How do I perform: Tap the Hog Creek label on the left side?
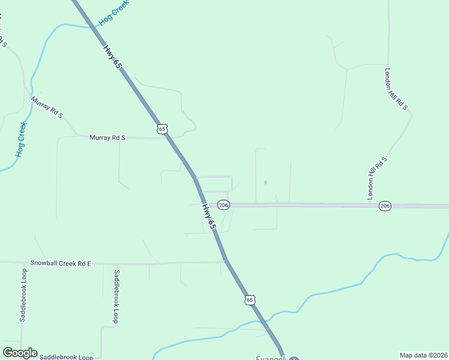[22, 139]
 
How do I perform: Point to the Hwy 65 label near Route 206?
[208, 217]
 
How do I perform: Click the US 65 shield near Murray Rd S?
[163, 129]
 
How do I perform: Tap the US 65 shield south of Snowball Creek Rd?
[250, 299]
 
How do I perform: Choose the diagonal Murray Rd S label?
[47, 107]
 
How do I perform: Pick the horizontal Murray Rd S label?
[107, 137]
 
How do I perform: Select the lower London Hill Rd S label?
[375, 178]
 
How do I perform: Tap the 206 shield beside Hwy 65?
[223, 205]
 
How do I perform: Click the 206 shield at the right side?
[385, 206]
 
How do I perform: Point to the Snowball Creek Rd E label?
[60, 263]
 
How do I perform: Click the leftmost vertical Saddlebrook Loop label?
[23, 295]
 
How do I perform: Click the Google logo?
[20, 353]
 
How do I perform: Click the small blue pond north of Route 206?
[265, 182]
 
